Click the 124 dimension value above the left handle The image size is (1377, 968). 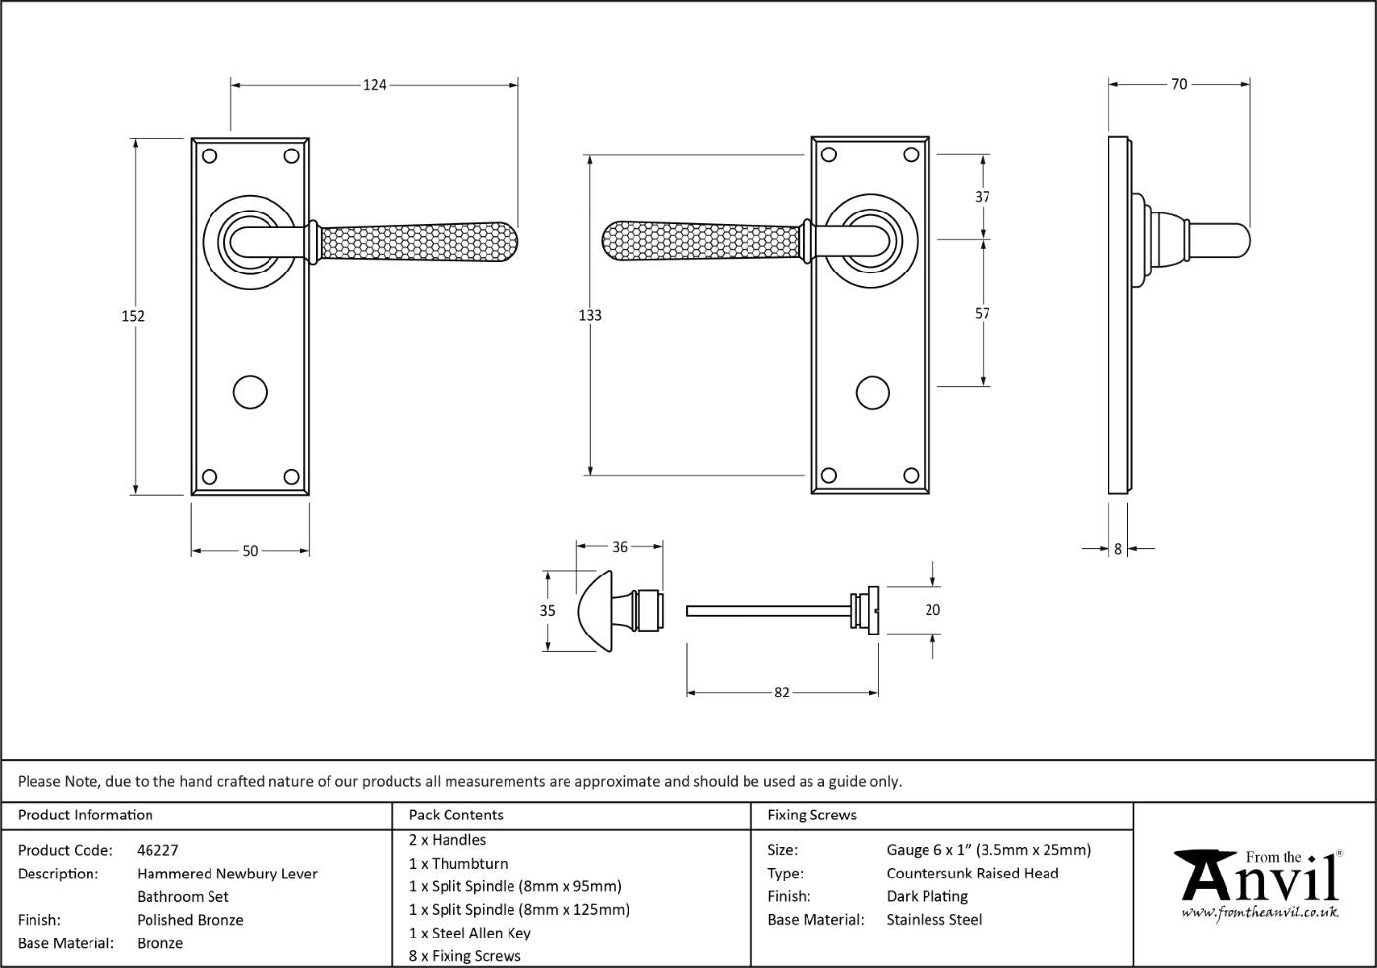pyautogui.click(x=374, y=85)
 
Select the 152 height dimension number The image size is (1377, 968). pyautogui.click(x=133, y=316)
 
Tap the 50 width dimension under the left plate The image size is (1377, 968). pyautogui.click(x=250, y=551)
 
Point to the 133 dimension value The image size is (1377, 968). pyautogui.click(x=590, y=315)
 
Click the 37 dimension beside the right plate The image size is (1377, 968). pyautogui.click(x=983, y=196)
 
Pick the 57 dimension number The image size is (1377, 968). pyautogui.click(x=983, y=313)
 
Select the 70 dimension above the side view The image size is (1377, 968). pyautogui.click(x=1179, y=84)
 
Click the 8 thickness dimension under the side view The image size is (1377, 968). pyautogui.click(x=1118, y=549)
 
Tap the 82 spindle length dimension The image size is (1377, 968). pyautogui.click(x=781, y=693)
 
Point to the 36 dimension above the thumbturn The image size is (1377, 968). pyautogui.click(x=619, y=547)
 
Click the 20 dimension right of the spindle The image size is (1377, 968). pyautogui.click(x=932, y=610)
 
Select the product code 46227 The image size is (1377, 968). pyautogui.click(x=157, y=850)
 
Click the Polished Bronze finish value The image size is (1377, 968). pyautogui.click(x=190, y=920)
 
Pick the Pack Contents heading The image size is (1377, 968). pyautogui.click(x=456, y=815)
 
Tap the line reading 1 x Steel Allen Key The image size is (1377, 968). pyautogui.click(x=470, y=933)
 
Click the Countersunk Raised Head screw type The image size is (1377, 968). pyautogui.click(x=973, y=874)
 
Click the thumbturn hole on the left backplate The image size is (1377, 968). pyautogui.click(x=250, y=393)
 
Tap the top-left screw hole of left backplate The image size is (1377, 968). pyautogui.click(x=210, y=156)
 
